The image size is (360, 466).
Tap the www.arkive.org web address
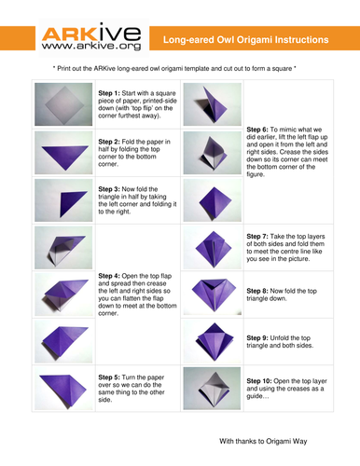coord(91,46)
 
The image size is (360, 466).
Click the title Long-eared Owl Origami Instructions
coord(246,40)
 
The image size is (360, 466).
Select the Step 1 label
coord(109,93)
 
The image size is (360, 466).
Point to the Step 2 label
coord(109,142)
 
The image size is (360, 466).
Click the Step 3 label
coord(109,189)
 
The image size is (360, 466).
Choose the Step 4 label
coord(109,276)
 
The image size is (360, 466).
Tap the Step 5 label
coord(109,377)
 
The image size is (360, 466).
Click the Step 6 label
coord(257,130)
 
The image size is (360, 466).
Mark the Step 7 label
coord(257,237)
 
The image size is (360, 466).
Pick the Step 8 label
coord(257,291)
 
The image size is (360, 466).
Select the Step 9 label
coord(257,338)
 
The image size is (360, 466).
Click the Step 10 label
coord(259,381)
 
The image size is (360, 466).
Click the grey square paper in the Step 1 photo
coord(64,105)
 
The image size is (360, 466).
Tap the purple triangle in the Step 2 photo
coord(65,155)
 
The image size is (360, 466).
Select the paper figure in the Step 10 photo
coord(214,389)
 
